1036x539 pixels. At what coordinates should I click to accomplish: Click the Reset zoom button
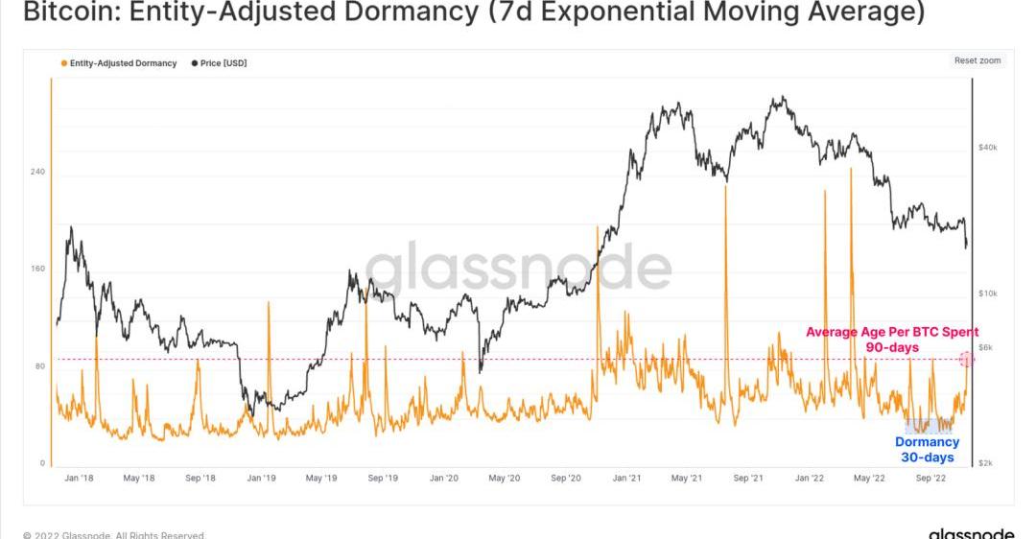(977, 60)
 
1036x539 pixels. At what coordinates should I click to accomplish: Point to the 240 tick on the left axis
(38, 172)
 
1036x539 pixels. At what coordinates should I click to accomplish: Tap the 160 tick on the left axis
(38, 269)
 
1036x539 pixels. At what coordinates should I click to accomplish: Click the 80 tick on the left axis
(38, 365)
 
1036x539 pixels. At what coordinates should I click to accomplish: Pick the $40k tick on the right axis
(988, 148)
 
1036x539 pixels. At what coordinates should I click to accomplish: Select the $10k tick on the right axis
(988, 293)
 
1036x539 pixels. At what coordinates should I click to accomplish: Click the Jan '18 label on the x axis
(79, 477)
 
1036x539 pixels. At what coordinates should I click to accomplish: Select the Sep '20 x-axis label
(568, 477)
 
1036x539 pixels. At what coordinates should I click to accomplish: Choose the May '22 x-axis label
(869, 477)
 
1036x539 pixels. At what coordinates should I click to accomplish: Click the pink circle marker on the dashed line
(967, 359)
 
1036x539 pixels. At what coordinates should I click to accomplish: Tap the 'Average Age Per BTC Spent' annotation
(891, 332)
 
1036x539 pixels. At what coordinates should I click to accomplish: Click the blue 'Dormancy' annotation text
(927, 442)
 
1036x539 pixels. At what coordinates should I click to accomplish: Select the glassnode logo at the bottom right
(971, 532)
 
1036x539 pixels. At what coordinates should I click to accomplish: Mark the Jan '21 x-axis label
(628, 477)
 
